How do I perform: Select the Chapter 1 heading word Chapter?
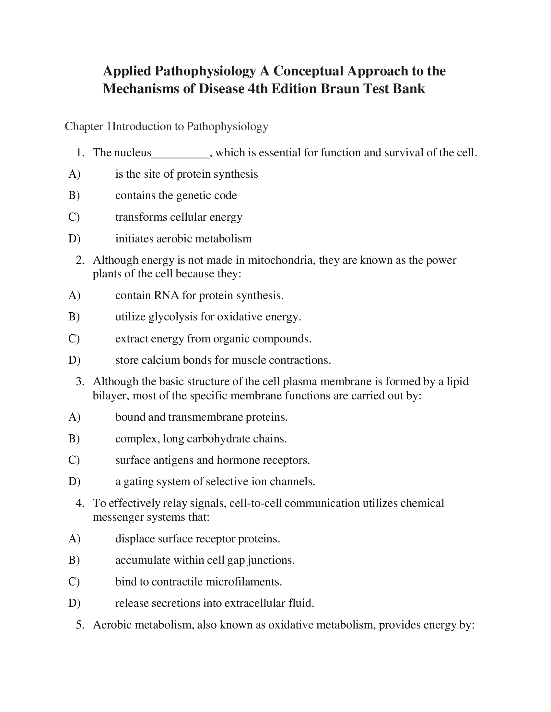click(x=84, y=127)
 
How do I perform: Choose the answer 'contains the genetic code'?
click(x=176, y=195)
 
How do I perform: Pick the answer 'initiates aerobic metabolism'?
click(x=183, y=239)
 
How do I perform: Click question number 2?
click(x=80, y=260)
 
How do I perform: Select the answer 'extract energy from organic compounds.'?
click(x=214, y=339)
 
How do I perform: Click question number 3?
click(x=80, y=382)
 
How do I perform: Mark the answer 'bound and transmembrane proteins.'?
click(x=201, y=417)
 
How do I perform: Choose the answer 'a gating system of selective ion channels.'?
click(x=215, y=482)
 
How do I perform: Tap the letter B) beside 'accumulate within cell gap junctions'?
click(x=74, y=560)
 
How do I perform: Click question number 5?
click(x=80, y=625)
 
